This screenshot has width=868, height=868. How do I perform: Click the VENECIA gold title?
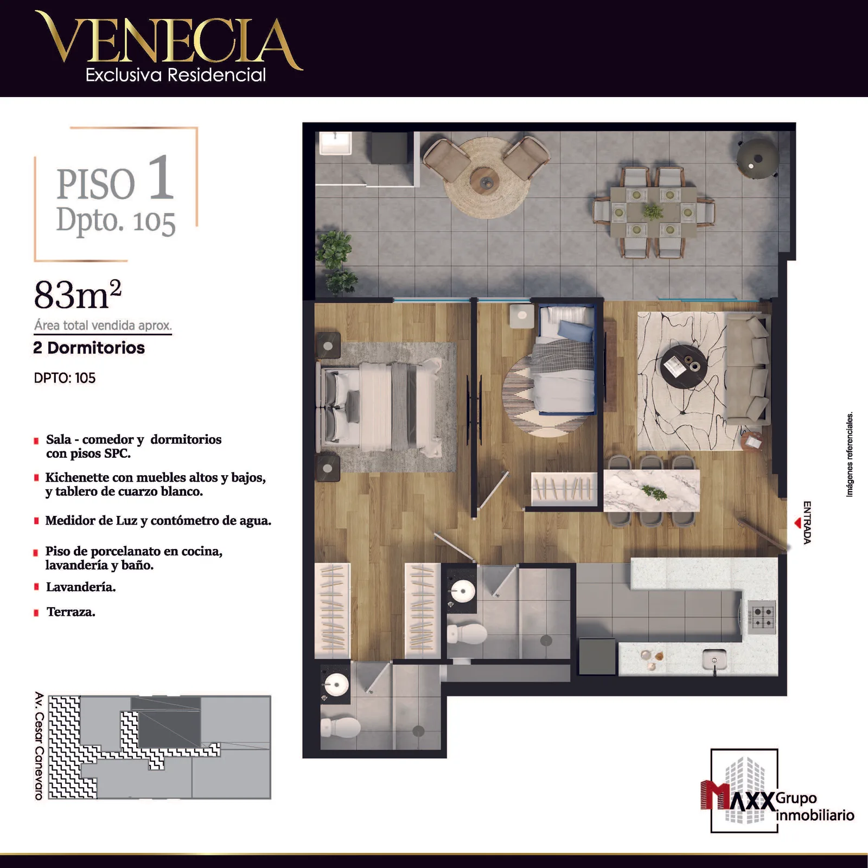(168, 41)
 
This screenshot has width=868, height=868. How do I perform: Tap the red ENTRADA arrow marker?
(797, 523)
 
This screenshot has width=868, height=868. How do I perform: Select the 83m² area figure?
(78, 295)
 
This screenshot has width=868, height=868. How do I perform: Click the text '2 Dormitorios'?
(89, 348)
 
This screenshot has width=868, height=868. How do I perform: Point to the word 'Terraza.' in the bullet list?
(71, 612)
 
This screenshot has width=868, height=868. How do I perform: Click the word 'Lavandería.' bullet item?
(81, 587)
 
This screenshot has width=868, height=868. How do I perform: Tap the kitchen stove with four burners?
(762, 617)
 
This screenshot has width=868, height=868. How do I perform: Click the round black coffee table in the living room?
(684, 367)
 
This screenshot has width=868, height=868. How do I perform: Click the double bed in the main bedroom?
(380, 407)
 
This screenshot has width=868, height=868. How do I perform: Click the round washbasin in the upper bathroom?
(463, 590)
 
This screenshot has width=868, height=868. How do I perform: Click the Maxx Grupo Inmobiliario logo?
(776, 792)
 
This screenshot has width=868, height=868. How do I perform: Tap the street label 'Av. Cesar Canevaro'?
(39, 745)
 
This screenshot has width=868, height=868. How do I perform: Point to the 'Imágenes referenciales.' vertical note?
(850, 455)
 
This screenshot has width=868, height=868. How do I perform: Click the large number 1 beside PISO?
(162, 177)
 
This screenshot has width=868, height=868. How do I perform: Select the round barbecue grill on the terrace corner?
(757, 158)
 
